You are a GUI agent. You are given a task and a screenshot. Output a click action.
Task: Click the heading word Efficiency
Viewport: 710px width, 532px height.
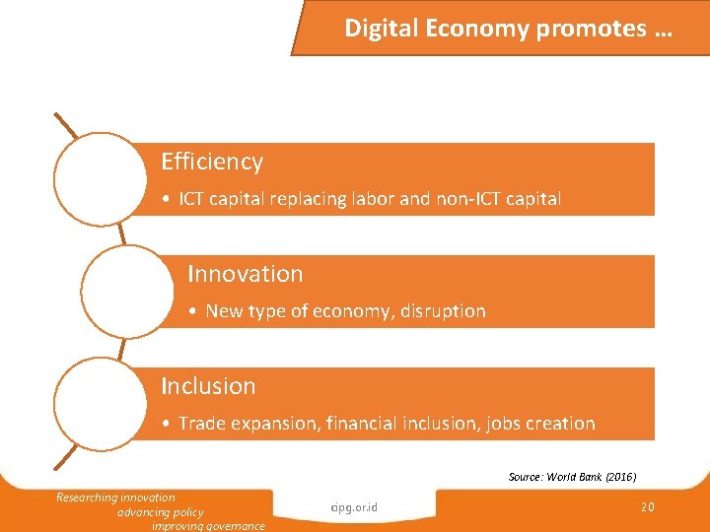(212, 162)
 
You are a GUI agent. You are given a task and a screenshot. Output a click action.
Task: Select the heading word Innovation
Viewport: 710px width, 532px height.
(245, 274)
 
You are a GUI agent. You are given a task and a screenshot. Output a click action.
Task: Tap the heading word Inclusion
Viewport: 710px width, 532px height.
(208, 386)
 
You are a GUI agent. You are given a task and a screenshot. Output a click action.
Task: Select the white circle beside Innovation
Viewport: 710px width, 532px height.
(123, 291)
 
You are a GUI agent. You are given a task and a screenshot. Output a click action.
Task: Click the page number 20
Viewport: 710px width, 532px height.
(648, 506)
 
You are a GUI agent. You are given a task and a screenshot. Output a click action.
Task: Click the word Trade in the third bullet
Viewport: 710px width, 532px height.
(202, 424)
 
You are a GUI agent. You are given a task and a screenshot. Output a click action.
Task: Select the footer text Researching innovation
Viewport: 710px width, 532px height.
(115, 498)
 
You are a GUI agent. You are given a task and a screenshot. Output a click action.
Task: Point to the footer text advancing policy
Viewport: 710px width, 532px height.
(160, 512)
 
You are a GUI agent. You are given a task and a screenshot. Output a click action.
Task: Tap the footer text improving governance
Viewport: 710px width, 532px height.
(208, 526)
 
